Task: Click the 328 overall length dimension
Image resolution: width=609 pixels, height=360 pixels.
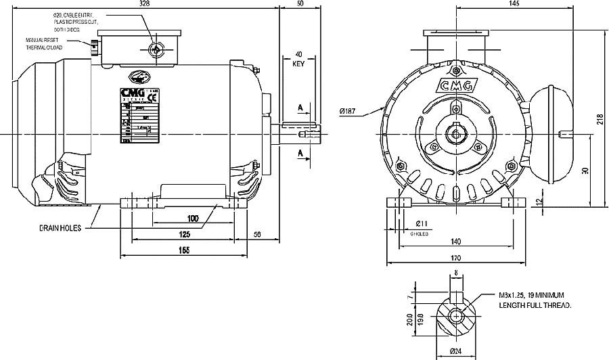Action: click(x=143, y=4)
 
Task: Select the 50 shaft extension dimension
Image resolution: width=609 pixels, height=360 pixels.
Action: click(x=300, y=4)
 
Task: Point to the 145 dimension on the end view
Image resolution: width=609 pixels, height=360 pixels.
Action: click(x=513, y=4)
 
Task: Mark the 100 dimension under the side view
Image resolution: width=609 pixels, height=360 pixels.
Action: click(x=193, y=219)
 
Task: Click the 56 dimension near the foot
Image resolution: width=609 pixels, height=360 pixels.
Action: click(x=256, y=234)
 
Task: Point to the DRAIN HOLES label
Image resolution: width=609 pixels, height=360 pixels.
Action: click(x=60, y=229)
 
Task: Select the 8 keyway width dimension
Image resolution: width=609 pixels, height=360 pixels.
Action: click(x=456, y=273)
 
